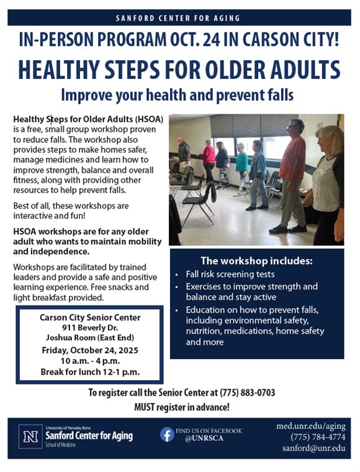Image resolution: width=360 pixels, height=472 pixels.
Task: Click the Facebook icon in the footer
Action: tap(167, 434)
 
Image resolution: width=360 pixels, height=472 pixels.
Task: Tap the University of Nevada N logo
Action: tap(30, 437)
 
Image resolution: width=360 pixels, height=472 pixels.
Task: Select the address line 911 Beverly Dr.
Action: tap(89, 327)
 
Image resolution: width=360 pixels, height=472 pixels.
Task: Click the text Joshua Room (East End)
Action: tap(89, 338)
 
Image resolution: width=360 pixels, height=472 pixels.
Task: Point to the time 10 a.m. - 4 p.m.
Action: tap(89, 361)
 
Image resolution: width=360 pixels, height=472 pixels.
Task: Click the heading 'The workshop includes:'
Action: tap(256, 260)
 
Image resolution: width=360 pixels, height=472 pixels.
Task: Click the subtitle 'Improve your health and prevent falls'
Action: tap(178, 96)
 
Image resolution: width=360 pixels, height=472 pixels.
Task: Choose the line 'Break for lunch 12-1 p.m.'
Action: tap(89, 372)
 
